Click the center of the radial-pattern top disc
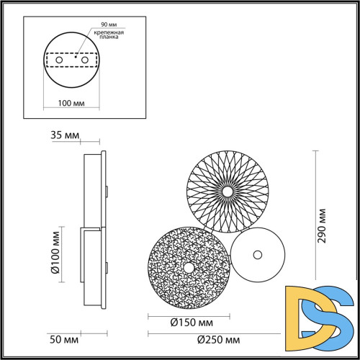[x=228, y=192]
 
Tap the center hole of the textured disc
[x=188, y=267]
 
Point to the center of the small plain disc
[x=258, y=255]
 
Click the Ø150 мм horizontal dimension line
[x=188, y=315]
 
